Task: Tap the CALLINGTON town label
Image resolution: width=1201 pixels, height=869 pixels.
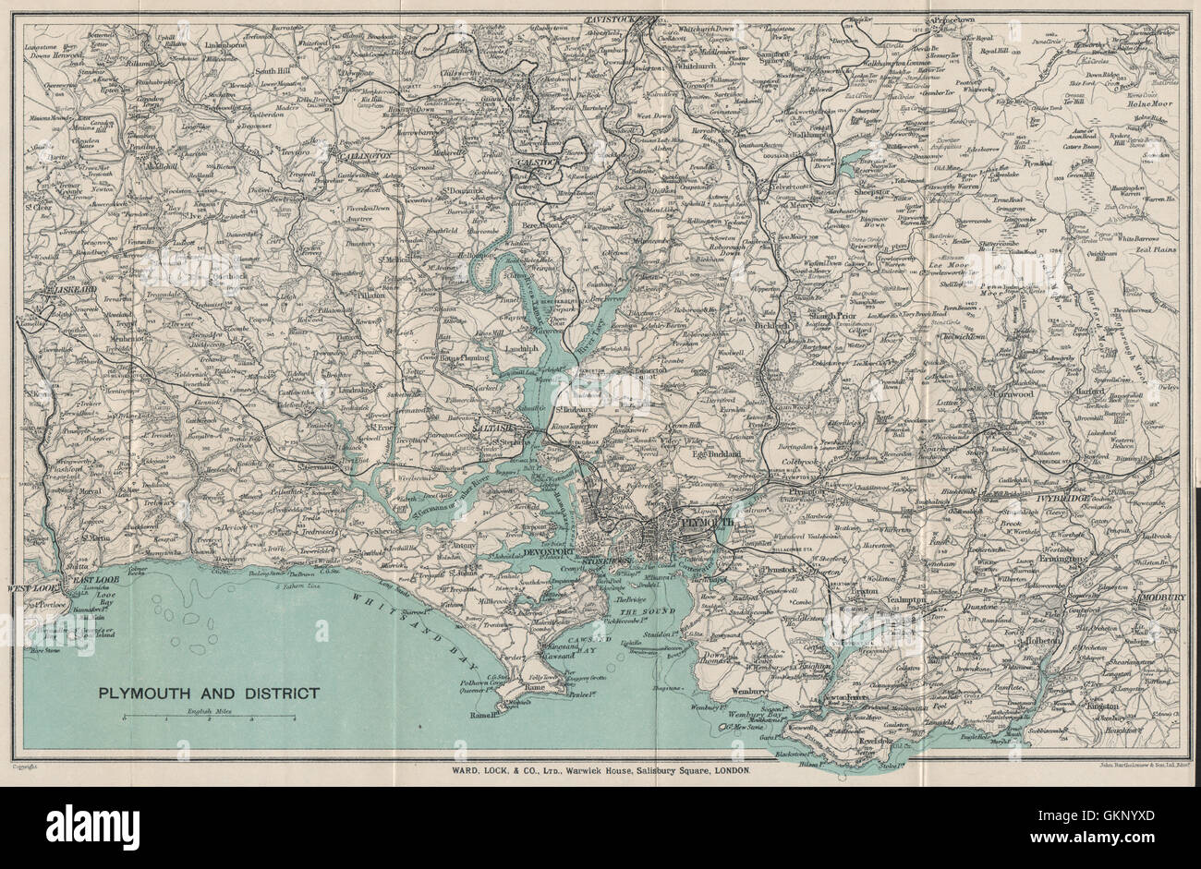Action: pyautogui.click(x=362, y=157)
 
